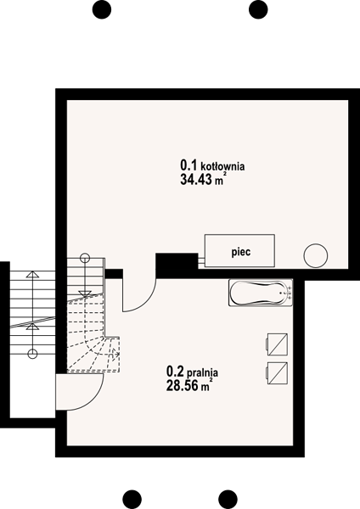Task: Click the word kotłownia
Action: pyautogui.click(x=223, y=166)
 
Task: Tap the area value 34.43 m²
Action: pyautogui.click(x=203, y=179)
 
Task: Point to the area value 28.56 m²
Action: pyautogui.click(x=189, y=385)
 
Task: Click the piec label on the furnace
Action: pyautogui.click(x=241, y=252)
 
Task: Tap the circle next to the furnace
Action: pyautogui.click(x=316, y=255)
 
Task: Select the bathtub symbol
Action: pyautogui.click(x=261, y=293)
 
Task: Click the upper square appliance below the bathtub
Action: pyautogui.click(x=277, y=344)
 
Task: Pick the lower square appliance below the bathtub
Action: pyautogui.click(x=277, y=373)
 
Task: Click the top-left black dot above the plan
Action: pyautogui.click(x=102, y=9)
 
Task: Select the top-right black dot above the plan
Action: pyautogui.click(x=258, y=9)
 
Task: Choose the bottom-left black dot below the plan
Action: pyautogui.click(x=132, y=499)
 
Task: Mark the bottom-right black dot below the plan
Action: pyautogui.click(x=228, y=499)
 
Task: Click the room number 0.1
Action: pyautogui.click(x=188, y=165)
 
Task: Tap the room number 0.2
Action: pyautogui.click(x=175, y=371)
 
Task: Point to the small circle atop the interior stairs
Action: pyautogui.click(x=84, y=259)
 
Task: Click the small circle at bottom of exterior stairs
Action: pyautogui.click(x=32, y=354)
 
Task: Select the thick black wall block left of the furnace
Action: pyautogui.click(x=177, y=266)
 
